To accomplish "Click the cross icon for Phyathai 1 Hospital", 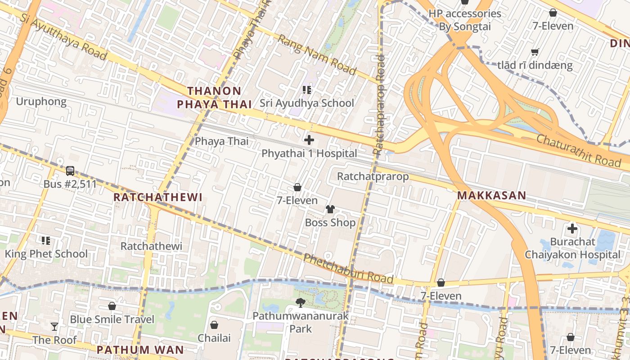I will pyautogui.click(x=309, y=140).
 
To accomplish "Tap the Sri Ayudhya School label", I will pyautogui.click(x=307, y=103).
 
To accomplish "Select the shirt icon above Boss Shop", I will pyautogui.click(x=330, y=209).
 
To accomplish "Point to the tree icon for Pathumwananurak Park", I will pyautogui.click(x=300, y=303).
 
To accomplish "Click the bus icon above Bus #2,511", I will pyautogui.click(x=70, y=171).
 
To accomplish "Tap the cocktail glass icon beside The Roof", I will pyautogui.click(x=54, y=327).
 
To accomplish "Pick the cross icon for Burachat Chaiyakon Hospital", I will pyautogui.click(x=572, y=229).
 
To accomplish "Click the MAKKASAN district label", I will pyautogui.click(x=491, y=195).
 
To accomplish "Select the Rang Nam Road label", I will pyautogui.click(x=316, y=55).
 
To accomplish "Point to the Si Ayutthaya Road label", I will pyautogui.click(x=63, y=34).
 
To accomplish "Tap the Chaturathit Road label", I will pyautogui.click(x=578, y=150).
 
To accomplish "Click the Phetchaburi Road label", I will pyautogui.click(x=348, y=269).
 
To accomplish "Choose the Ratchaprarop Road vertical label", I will pyautogui.click(x=379, y=106).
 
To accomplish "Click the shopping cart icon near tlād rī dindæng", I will pyautogui.click(x=535, y=52).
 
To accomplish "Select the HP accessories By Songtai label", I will pyautogui.click(x=464, y=20).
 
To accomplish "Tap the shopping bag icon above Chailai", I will pyautogui.click(x=214, y=324).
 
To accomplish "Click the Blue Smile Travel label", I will pyautogui.click(x=112, y=319).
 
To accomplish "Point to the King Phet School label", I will pyautogui.click(x=46, y=254).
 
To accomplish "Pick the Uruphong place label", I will pyautogui.click(x=41, y=102).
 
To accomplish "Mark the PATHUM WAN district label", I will pyautogui.click(x=140, y=350).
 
